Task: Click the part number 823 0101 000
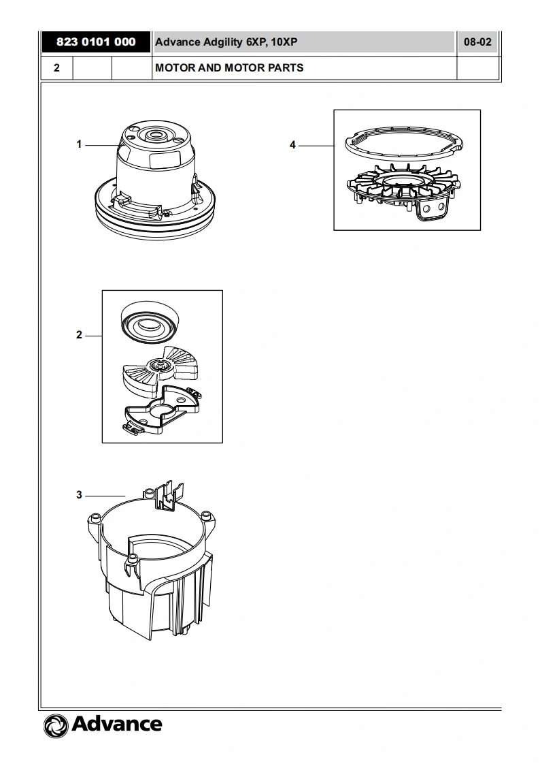(96, 42)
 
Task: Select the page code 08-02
(477, 42)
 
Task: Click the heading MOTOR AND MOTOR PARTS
(229, 68)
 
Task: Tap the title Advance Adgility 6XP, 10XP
(226, 42)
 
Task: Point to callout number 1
(79, 144)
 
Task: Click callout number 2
(79, 335)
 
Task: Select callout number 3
(79, 495)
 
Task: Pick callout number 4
(292, 145)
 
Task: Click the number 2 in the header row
(56, 68)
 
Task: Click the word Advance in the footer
(116, 724)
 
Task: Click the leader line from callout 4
(316, 145)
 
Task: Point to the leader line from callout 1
(102, 144)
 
